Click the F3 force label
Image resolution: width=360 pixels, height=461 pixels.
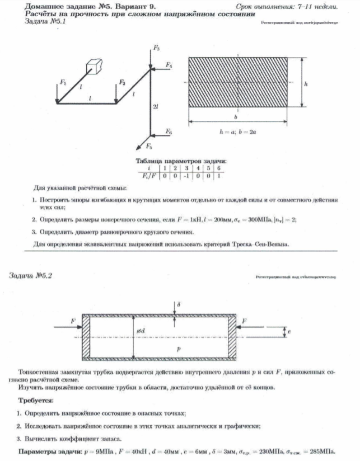(157, 49)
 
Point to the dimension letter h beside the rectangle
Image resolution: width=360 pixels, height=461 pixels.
(306, 83)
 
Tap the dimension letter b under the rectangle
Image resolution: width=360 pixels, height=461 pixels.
(236, 119)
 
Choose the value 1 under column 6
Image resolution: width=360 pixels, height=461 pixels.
(219, 176)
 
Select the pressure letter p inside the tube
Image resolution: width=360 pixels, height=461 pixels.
(178, 347)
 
